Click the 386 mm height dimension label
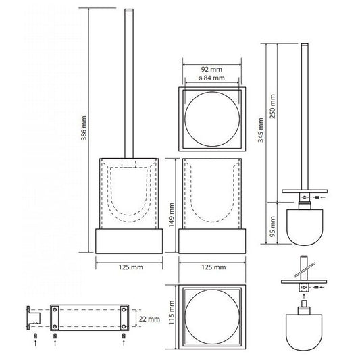tap(84, 128)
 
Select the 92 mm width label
tap(211, 69)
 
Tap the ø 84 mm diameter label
tap(211, 78)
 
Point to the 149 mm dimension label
tap(172, 215)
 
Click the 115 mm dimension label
tap(172, 313)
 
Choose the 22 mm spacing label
tap(149, 319)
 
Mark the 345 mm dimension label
tap(261, 130)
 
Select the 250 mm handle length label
tap(272, 106)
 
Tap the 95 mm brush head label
tap(272, 227)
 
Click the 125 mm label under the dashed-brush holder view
tap(130, 267)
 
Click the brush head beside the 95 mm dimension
tap(305, 228)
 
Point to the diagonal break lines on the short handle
tap(305, 269)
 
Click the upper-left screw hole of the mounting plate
tap(55, 310)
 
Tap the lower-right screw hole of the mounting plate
tap(124, 326)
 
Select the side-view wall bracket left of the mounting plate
tap(33, 318)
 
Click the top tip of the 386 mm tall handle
tap(129, 9)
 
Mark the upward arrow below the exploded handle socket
tap(304, 295)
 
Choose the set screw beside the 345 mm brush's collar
tap(317, 197)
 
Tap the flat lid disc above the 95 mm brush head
tap(305, 191)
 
